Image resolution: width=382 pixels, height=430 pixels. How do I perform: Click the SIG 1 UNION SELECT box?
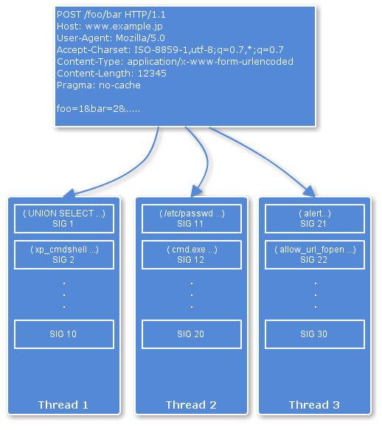[64, 219]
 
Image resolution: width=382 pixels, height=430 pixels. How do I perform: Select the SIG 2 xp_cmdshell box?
[64, 255]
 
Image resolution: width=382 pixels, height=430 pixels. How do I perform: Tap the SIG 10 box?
[64, 334]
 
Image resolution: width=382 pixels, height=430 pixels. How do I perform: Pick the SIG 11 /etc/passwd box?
[192, 219]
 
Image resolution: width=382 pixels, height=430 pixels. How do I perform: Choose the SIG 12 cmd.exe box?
[192, 255]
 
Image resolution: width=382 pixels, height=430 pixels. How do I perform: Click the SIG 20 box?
[192, 334]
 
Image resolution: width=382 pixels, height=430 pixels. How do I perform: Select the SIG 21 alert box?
[315, 219]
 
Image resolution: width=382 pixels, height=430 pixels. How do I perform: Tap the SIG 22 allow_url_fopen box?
[315, 255]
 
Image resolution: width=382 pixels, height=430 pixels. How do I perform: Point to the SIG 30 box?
[315, 334]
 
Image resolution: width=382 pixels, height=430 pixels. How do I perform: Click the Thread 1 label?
[63, 405]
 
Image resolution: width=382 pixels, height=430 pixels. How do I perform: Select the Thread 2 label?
[191, 405]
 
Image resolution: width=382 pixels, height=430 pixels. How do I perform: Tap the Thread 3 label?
[314, 405]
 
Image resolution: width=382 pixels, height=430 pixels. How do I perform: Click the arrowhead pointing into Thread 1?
[69, 193]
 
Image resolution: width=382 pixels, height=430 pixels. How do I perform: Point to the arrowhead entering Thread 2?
[196, 191]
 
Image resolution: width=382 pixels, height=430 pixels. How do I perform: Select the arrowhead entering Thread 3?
[310, 191]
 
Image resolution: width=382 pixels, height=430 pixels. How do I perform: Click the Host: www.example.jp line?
[110, 27]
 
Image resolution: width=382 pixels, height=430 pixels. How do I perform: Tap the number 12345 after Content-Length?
[152, 74]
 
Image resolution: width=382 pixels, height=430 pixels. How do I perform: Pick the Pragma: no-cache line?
[99, 85]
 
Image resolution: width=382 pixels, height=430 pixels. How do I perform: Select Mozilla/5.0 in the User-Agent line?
[140, 38]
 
